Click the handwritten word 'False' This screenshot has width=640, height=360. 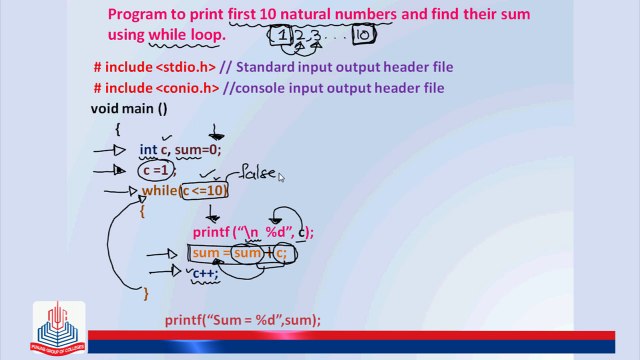coord(257,174)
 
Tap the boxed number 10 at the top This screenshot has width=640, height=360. coord(362,37)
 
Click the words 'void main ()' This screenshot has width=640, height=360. coord(129,108)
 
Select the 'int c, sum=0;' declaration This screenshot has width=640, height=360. coord(179,150)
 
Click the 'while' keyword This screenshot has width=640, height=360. coord(160,191)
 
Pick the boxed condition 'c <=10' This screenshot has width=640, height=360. coord(205,191)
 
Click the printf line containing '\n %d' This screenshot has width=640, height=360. coord(253,232)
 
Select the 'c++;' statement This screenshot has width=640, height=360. coord(204,273)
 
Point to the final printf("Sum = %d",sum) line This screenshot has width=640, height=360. coord(243,320)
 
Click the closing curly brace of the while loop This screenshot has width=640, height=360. coord(146,293)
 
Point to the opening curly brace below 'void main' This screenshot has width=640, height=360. coord(118,129)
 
